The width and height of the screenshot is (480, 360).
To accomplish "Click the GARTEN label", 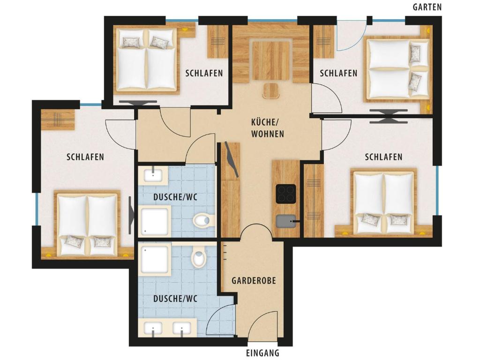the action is pyautogui.click(x=427, y=7).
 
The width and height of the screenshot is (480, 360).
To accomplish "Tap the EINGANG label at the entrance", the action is pyautogui.click(x=262, y=352).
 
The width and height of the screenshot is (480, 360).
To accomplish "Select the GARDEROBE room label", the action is pyautogui.click(x=254, y=280).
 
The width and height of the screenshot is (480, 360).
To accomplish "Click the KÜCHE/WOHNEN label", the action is pyautogui.click(x=268, y=128).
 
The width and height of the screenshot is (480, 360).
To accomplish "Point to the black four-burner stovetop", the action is pyautogui.click(x=286, y=194).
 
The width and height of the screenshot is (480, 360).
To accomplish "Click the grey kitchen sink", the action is pyautogui.click(x=286, y=221).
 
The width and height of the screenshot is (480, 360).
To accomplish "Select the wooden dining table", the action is pyautogui.click(x=270, y=60).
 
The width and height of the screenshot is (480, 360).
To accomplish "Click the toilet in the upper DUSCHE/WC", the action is pyautogui.click(x=203, y=220).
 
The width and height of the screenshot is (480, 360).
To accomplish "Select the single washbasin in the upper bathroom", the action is pyautogui.click(x=153, y=175).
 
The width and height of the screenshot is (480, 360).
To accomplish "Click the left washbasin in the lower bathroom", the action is pyautogui.click(x=153, y=328).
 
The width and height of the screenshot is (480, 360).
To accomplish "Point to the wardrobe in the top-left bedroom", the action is pyautogui.click(x=218, y=41).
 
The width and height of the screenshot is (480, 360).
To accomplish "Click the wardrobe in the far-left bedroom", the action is pyautogui.click(x=58, y=119).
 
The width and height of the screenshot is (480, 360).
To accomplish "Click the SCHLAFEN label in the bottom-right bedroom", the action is pyautogui.click(x=383, y=157).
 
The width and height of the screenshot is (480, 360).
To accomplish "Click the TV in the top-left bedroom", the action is pyautogui.click(x=138, y=103).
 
